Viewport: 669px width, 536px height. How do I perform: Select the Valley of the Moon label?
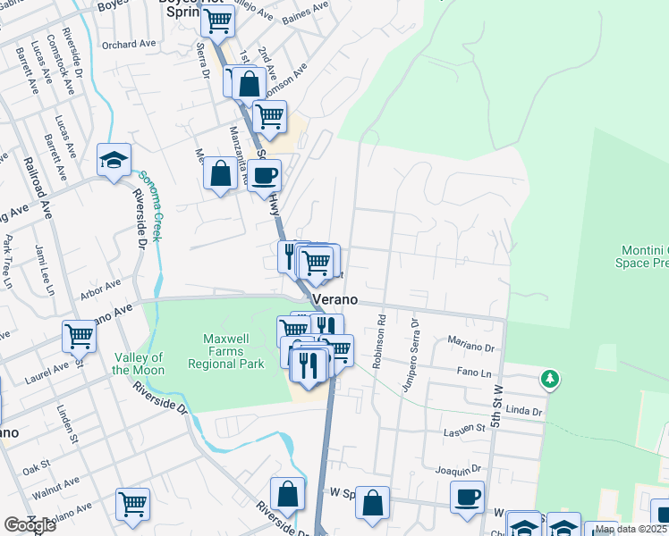point(139,364)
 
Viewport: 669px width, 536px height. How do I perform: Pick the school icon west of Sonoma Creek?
point(114,161)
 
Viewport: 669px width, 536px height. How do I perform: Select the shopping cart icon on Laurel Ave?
point(79,337)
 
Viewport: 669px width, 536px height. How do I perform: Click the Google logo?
point(30,525)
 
